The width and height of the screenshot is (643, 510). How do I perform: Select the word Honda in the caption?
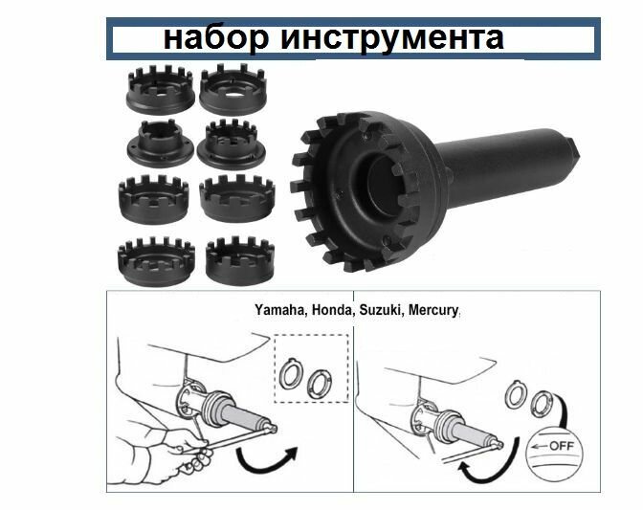click(331, 310)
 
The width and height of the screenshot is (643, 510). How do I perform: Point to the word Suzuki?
click(380, 310)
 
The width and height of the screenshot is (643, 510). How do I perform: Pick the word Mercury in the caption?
click(433, 310)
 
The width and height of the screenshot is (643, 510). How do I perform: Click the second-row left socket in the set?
click(155, 144)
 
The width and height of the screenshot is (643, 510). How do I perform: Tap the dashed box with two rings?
click(310, 367)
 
